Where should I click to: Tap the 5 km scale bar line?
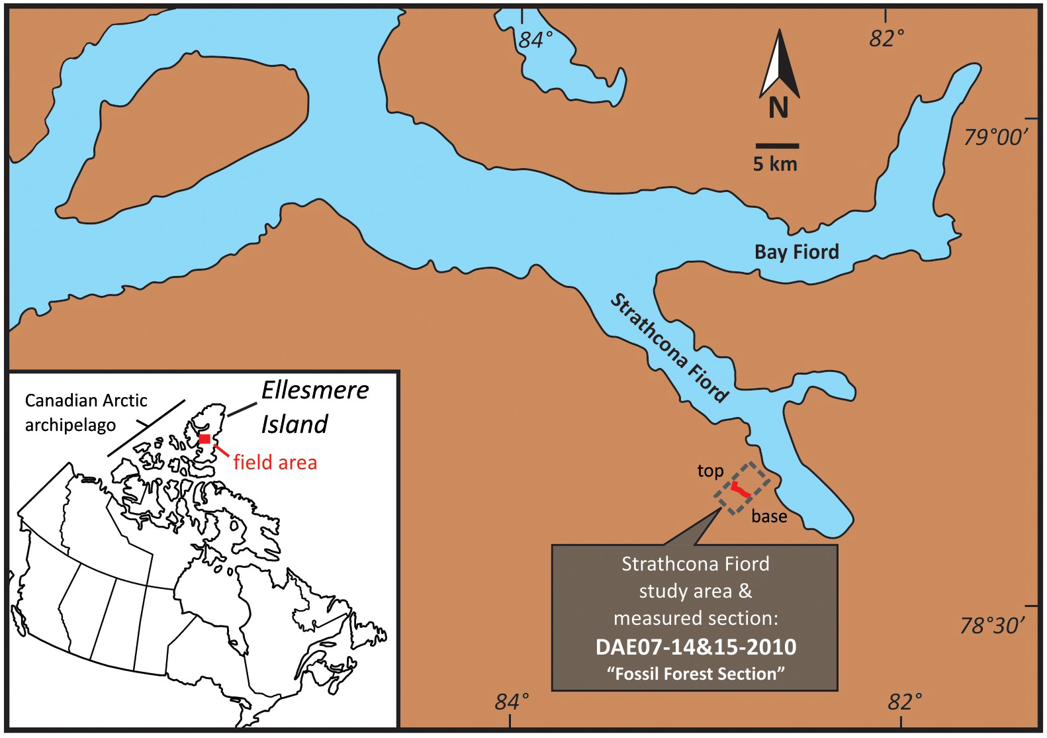[777, 145]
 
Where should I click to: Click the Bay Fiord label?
[797, 252]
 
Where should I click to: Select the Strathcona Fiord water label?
[668, 348]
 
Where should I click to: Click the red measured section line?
[741, 490]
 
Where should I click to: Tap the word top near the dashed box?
[710, 471]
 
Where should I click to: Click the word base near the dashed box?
[769, 516]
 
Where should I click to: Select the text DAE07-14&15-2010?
[695, 647]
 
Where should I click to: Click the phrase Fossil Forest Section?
[695, 674]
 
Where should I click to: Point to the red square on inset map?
[205, 439]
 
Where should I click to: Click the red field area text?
[275, 462]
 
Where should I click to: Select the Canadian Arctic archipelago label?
[85, 412]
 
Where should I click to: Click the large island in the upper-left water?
[192, 126]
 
